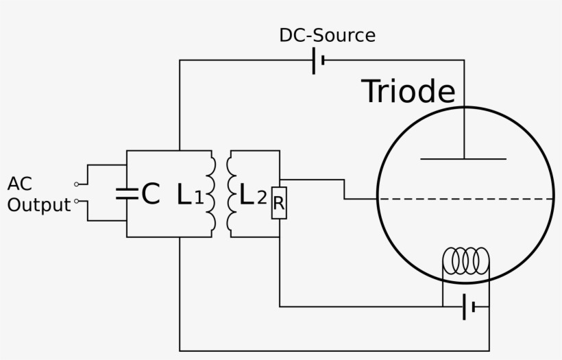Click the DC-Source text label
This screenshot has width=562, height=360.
(x=327, y=36)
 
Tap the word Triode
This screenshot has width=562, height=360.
(x=408, y=91)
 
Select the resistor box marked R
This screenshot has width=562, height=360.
(x=279, y=203)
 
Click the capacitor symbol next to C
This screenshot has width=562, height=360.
(x=127, y=193)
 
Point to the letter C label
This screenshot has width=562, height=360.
(x=151, y=193)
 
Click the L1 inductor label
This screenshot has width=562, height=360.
(x=191, y=194)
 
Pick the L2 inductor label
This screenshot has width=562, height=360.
(x=253, y=194)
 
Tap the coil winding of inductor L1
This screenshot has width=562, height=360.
(x=212, y=194)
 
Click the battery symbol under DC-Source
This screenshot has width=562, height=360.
(x=318, y=60)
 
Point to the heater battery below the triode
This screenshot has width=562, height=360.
(x=469, y=307)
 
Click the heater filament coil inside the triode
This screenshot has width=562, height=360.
(x=466, y=261)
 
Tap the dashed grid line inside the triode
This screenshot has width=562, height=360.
(x=466, y=199)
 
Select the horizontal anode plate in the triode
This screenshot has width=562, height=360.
(x=463, y=158)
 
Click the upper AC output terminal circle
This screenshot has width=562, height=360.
(x=76, y=184)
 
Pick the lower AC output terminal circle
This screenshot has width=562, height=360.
(x=76, y=201)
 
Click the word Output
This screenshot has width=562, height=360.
(x=39, y=205)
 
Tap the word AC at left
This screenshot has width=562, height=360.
(x=20, y=184)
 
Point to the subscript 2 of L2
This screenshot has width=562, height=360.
(x=262, y=197)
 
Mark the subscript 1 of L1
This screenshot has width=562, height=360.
(x=199, y=197)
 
